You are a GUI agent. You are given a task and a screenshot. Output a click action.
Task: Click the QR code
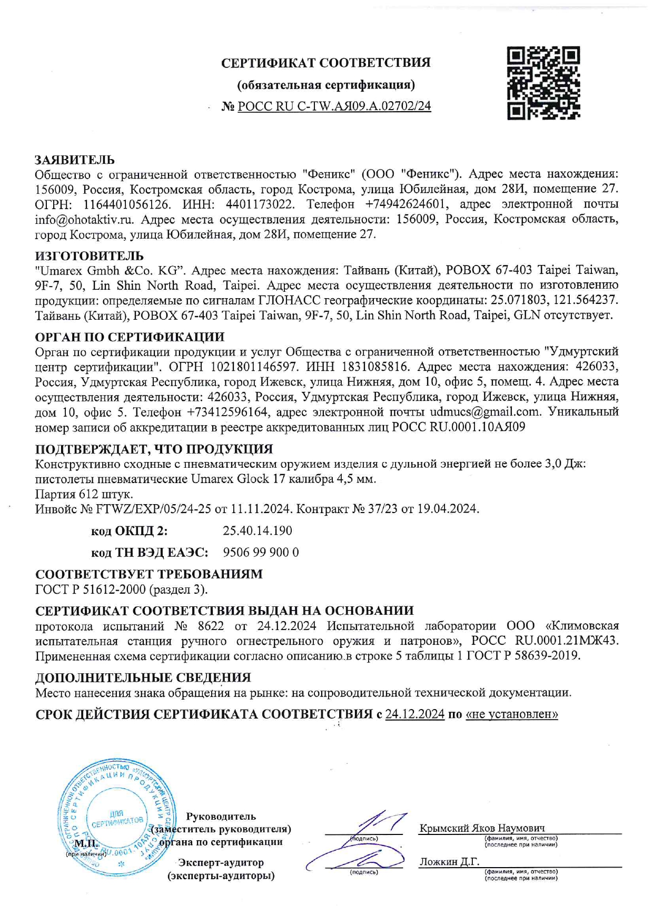pyautogui.click(x=543, y=83)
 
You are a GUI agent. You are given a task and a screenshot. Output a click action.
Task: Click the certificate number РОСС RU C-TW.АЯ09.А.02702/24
pyautogui.click(x=334, y=106)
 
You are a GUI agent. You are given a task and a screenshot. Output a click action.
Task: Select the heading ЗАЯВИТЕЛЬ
pyautogui.click(x=75, y=160)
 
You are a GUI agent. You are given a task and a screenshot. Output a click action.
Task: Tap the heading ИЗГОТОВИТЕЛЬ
pyautogui.click(x=89, y=256)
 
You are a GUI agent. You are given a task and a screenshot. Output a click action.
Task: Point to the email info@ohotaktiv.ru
pyautogui.click(x=84, y=219)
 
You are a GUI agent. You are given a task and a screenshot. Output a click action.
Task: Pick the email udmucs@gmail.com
pyautogui.click(x=485, y=411)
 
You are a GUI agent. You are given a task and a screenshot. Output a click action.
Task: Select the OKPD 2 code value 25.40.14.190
pyautogui.click(x=258, y=530)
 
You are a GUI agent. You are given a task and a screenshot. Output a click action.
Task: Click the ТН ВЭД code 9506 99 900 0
pyautogui.click(x=261, y=552)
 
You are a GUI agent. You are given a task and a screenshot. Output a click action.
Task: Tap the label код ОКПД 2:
pyautogui.click(x=130, y=531)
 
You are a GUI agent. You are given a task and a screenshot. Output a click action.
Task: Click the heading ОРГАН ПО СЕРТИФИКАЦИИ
pyautogui.click(x=130, y=337)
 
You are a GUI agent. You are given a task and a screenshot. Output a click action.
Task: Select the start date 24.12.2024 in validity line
pyautogui.click(x=414, y=714)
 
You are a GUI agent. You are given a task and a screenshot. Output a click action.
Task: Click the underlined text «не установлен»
pyautogui.click(x=511, y=714)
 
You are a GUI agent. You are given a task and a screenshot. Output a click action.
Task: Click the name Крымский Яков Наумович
pyautogui.click(x=481, y=828)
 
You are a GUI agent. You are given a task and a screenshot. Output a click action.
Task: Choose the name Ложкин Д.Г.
pyautogui.click(x=449, y=862)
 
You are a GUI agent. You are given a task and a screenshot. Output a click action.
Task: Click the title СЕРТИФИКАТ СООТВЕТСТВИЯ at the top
pyautogui.click(x=325, y=63)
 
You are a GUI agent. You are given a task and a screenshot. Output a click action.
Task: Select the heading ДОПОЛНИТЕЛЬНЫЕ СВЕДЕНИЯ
pyautogui.click(x=143, y=677)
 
